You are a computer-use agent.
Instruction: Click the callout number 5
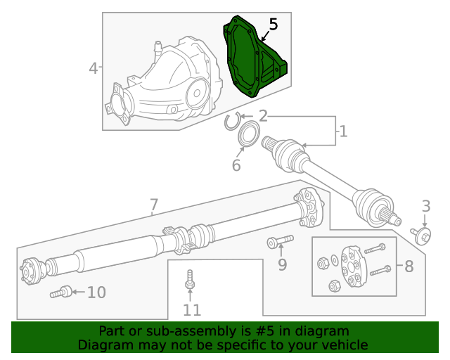274,24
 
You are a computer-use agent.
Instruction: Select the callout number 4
94,68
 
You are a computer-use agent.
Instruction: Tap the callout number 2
263,116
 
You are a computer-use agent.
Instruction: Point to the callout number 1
343,131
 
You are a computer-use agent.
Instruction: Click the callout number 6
236,165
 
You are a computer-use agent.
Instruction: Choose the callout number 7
154,205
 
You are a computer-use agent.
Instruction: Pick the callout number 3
426,206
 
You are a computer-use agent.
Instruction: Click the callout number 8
409,266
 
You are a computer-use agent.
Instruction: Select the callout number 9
283,264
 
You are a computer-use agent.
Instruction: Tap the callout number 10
97,292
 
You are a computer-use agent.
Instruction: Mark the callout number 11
192,310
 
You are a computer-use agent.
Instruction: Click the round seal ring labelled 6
249,134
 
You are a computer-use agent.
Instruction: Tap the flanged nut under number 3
421,236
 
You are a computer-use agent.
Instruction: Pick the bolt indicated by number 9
280,242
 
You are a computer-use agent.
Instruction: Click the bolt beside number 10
61,292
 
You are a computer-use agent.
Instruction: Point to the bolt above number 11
189,279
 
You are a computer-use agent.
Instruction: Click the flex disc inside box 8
354,266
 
